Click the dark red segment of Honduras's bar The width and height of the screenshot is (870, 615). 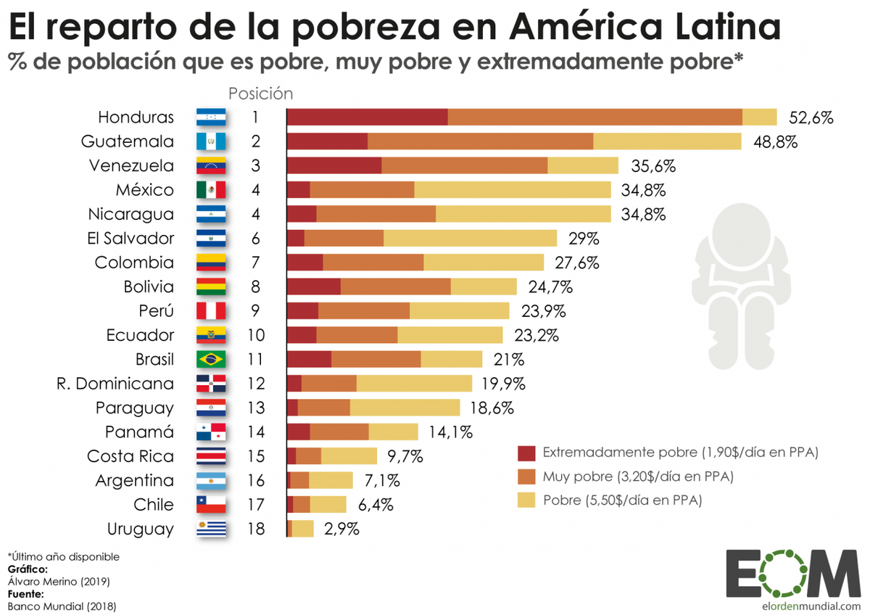368,117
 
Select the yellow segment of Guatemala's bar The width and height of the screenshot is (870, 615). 667,141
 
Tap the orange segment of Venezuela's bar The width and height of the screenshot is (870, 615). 464,165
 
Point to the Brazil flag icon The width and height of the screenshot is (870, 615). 211,359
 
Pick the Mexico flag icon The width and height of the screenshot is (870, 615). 211,190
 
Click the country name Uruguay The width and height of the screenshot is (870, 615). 140,529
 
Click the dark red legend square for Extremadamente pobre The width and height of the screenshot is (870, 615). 526,453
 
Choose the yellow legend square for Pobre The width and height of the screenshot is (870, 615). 526,500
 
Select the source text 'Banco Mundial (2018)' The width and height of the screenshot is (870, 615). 61,606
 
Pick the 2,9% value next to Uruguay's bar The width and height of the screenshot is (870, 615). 341,529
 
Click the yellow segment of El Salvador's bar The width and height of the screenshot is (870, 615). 470,239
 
